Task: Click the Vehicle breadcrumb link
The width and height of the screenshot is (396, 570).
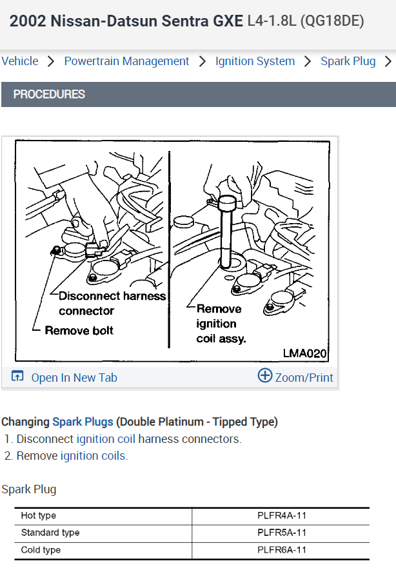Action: point(20,61)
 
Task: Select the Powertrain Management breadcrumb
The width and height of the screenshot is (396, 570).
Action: point(126,61)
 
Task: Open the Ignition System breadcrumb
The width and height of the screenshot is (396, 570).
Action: point(255,61)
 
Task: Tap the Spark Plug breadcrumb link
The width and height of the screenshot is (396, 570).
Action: point(348,61)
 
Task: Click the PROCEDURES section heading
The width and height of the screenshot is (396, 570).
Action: point(49,94)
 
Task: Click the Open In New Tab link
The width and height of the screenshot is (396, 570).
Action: point(74,377)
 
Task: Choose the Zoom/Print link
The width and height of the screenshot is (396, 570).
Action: point(304,377)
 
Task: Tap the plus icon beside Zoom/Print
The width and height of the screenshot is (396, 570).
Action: point(264,376)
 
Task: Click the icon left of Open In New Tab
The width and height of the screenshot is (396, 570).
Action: point(17,377)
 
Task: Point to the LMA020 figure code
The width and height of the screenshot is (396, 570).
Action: point(305,353)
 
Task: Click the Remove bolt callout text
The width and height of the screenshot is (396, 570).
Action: point(79,330)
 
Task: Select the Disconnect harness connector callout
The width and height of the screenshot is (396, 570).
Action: point(111,303)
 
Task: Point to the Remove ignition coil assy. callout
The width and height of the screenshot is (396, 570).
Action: point(221,324)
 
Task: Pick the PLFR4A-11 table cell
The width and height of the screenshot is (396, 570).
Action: point(281,516)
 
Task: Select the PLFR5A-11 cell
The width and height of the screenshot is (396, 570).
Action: point(281,533)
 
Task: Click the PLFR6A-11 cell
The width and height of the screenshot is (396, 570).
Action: point(281,550)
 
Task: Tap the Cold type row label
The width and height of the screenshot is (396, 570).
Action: point(41,550)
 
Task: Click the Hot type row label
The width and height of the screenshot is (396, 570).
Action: point(38,516)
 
